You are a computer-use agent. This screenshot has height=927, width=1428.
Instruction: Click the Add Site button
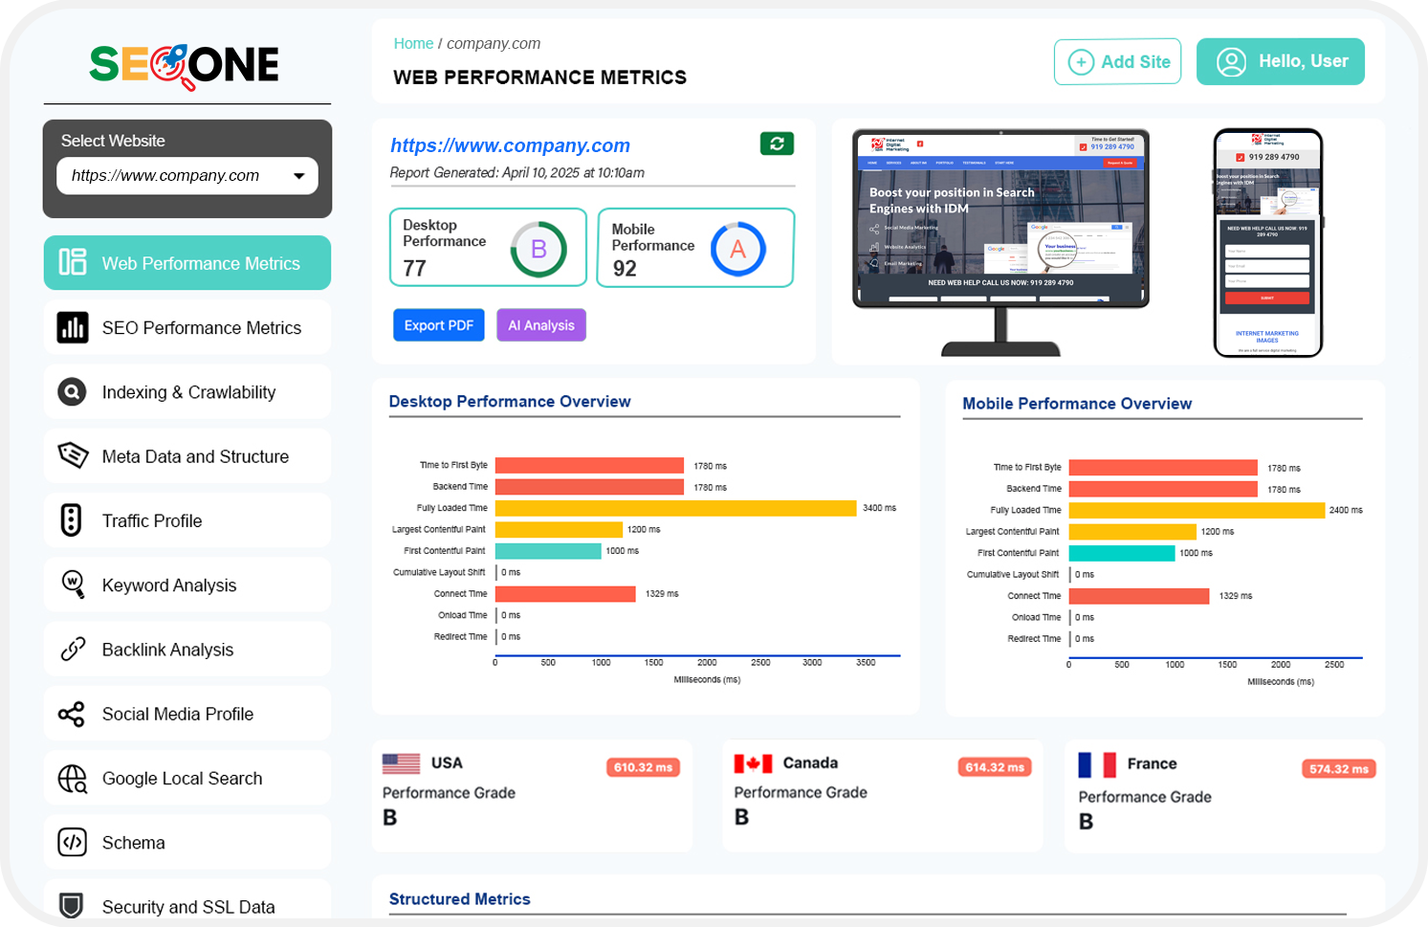(x=1117, y=62)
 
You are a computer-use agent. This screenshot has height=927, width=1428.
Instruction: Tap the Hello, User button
(x=1280, y=62)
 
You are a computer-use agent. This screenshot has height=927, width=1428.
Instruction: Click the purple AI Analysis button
(x=540, y=325)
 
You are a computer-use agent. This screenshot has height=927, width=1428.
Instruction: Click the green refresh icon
(x=777, y=143)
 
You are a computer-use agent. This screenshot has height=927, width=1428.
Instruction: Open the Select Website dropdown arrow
(x=299, y=176)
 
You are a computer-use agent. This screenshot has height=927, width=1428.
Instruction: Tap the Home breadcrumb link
(x=413, y=44)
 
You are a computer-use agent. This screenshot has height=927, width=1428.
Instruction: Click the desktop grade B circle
(x=538, y=250)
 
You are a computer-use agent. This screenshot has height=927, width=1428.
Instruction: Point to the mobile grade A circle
(x=737, y=250)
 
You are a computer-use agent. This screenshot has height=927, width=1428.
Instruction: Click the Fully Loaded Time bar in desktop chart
(x=675, y=508)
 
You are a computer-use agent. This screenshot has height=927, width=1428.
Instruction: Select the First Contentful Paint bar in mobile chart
(x=1121, y=553)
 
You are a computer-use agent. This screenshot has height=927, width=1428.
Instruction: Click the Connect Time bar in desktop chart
(x=565, y=594)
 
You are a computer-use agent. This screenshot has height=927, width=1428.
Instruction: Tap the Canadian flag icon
(x=753, y=763)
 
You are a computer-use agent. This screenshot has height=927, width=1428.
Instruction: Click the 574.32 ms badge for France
(x=1338, y=769)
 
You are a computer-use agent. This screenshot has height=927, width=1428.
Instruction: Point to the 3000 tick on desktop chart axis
(x=812, y=662)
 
